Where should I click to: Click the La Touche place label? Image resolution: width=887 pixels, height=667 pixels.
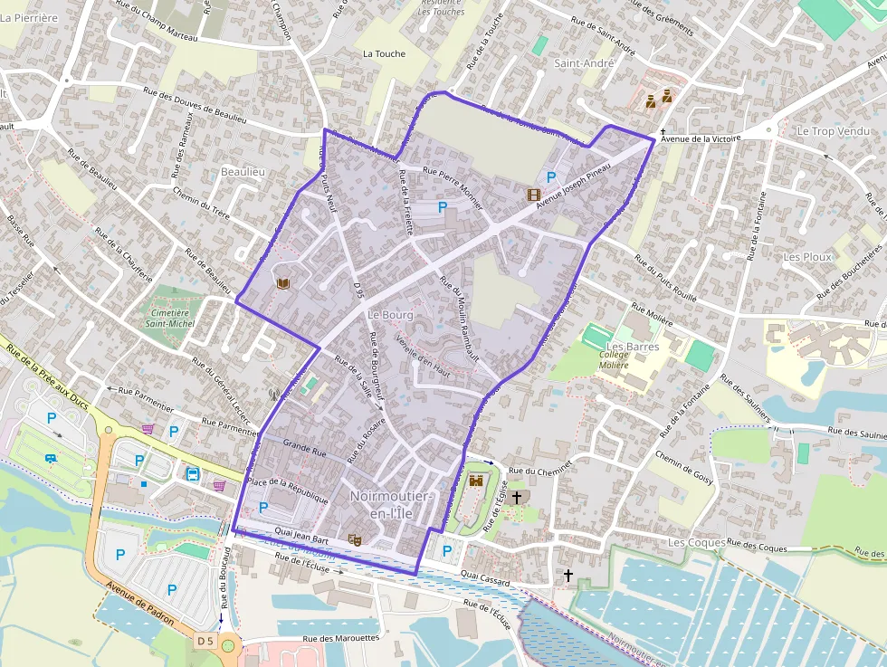(x=384, y=53)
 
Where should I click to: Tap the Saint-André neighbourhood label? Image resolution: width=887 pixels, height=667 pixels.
(x=584, y=63)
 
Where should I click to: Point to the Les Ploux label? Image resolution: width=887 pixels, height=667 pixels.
(x=807, y=257)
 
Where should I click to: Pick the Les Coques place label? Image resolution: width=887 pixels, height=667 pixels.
(x=696, y=542)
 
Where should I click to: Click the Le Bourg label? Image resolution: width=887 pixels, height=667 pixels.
(x=390, y=315)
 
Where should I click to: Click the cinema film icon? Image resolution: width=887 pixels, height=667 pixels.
(x=534, y=194)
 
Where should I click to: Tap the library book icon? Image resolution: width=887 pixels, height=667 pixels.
(x=282, y=284)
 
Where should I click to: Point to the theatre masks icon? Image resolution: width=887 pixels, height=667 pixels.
(x=355, y=540)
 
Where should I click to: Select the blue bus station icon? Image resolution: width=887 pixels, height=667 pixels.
(x=193, y=472)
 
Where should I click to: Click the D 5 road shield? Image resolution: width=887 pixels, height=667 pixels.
(x=205, y=642)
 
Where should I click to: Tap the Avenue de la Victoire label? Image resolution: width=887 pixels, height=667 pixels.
(x=701, y=138)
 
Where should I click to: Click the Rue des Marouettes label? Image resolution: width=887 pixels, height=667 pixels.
(x=341, y=638)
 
